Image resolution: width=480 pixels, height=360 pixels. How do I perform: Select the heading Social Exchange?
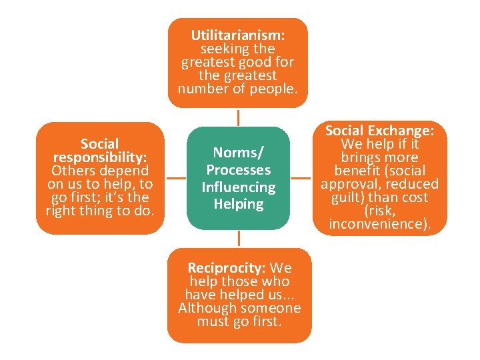(x=380, y=131)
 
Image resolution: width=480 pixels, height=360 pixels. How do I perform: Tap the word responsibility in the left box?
(x=100, y=157)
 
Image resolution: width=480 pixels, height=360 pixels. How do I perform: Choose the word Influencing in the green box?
(x=238, y=187)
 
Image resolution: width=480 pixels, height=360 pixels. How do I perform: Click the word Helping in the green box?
(x=238, y=204)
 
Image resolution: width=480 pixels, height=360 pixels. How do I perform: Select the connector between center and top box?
(x=238, y=117)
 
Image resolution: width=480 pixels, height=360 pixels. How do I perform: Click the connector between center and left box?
(x=176, y=178)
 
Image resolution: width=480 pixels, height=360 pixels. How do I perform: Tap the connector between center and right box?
(x=301, y=178)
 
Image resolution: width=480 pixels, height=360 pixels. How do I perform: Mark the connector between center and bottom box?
(x=238, y=239)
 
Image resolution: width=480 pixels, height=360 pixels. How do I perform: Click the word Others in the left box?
(x=72, y=171)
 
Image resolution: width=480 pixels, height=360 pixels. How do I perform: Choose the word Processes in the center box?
(x=238, y=170)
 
